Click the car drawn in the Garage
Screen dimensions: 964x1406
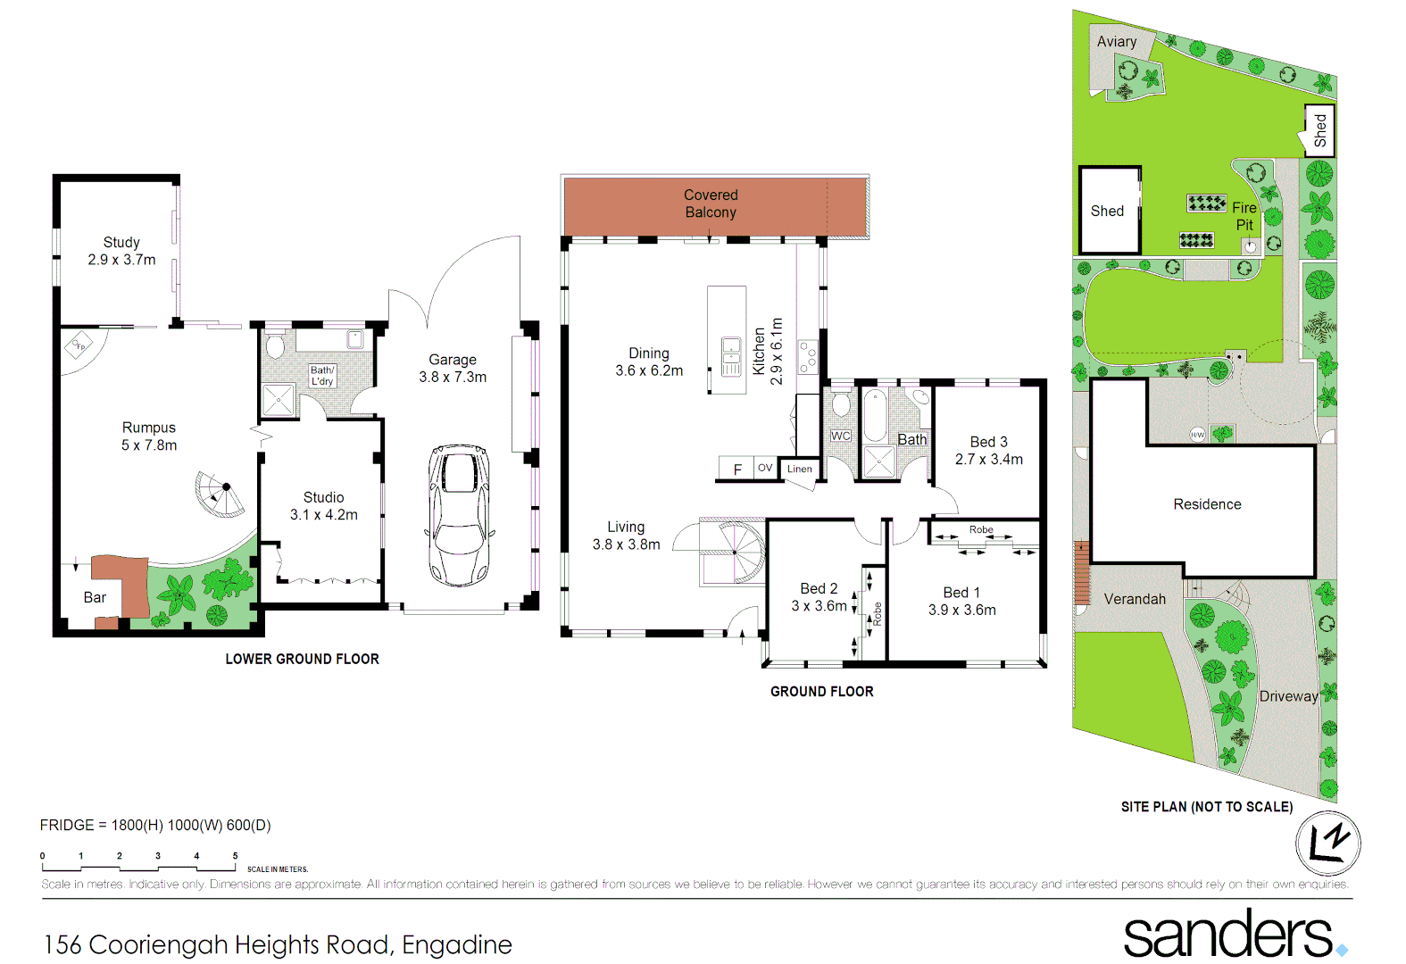click(x=459, y=515)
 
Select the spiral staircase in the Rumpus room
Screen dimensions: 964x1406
click(x=220, y=494)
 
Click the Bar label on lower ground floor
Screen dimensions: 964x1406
click(x=95, y=598)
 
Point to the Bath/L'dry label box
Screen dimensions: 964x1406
click(x=322, y=376)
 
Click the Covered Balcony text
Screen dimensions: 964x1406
click(x=711, y=204)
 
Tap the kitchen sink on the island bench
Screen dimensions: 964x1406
click(x=731, y=356)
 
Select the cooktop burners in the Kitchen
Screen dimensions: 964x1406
click(x=808, y=356)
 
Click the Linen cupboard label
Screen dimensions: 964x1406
click(x=799, y=470)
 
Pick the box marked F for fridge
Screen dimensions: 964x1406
click(x=737, y=470)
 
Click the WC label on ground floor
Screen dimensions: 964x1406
click(x=840, y=436)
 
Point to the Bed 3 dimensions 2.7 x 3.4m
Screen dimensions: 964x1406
click(x=988, y=460)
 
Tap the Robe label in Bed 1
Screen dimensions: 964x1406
click(x=981, y=530)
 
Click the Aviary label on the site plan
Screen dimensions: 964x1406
click(x=1116, y=42)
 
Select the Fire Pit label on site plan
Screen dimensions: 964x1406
click(x=1244, y=216)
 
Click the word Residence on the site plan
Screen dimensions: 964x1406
click(x=1207, y=504)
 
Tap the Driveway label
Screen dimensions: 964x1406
click(x=1287, y=696)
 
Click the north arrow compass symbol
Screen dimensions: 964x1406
click(x=1327, y=843)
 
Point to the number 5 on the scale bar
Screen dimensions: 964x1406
click(x=235, y=856)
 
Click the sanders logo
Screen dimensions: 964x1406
click(x=1229, y=935)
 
